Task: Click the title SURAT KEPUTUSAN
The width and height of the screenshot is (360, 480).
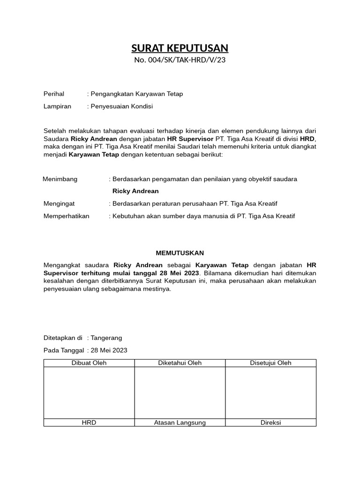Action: pos(180,48)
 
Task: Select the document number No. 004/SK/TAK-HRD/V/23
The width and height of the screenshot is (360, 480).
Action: pos(180,60)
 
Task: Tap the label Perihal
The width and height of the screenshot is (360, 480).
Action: pos(54,94)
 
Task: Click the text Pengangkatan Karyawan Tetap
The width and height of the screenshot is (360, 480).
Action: pos(136,94)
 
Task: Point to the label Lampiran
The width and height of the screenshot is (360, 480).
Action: pos(57,106)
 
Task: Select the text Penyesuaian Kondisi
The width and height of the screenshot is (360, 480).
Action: pos(121,106)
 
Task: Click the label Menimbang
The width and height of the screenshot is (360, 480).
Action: pos(60,179)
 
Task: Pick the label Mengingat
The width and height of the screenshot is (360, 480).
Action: pos(59,203)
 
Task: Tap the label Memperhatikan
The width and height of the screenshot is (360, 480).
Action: pos(66,216)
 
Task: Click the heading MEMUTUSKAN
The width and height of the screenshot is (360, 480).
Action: pos(180,253)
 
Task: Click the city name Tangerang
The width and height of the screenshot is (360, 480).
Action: pos(106,338)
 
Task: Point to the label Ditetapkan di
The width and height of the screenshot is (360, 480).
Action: pos(63,338)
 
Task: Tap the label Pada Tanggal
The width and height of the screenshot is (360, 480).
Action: pos(64,350)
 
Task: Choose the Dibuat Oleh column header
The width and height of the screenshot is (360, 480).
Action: pos(89,363)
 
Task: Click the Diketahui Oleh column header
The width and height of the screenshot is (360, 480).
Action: pos(180,363)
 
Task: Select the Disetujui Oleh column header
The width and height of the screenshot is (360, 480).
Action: pos(270,363)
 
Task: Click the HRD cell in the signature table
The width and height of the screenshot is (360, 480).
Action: pos(89,422)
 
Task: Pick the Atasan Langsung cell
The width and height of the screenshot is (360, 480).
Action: pos(180,422)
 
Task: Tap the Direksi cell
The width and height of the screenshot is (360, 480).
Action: pos(270,422)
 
